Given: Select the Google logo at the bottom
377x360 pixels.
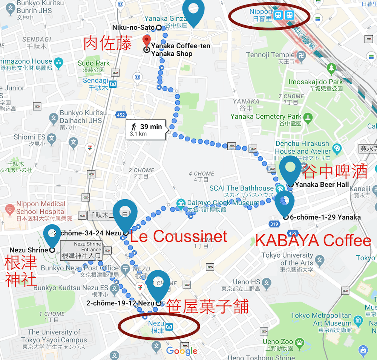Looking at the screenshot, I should (182, 351).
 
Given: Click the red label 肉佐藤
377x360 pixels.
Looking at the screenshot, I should (107, 44).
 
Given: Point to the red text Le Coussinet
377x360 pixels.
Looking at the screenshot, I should (178, 236).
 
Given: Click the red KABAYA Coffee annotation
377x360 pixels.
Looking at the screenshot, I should (313, 240).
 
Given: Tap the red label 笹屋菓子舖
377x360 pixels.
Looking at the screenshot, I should (207, 307).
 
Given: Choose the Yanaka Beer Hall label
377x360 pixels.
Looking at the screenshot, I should (322, 185).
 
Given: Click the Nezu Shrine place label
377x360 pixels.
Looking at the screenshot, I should (29, 250).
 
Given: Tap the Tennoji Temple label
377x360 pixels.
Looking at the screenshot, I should (270, 55).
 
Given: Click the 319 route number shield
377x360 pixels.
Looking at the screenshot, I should (274, 224).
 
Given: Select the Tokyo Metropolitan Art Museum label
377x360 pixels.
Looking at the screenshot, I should (321, 319).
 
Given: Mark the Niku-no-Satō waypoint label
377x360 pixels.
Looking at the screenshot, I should (133, 27).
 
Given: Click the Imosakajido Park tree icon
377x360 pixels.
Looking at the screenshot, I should (331, 68).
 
